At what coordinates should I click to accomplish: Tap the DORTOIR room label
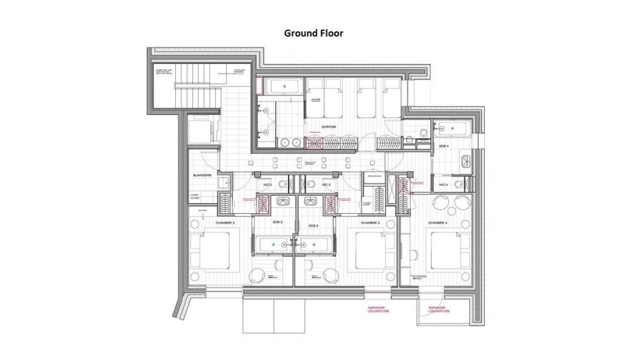tap(330, 126)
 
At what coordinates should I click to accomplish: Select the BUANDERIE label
tap(202, 175)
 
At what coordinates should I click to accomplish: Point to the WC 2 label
tap(267, 185)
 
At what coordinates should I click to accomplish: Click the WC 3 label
tap(325, 185)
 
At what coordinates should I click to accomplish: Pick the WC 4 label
tap(443, 185)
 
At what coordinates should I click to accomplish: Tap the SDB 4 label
tap(443, 146)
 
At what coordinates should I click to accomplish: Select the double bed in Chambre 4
tap(452, 250)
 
